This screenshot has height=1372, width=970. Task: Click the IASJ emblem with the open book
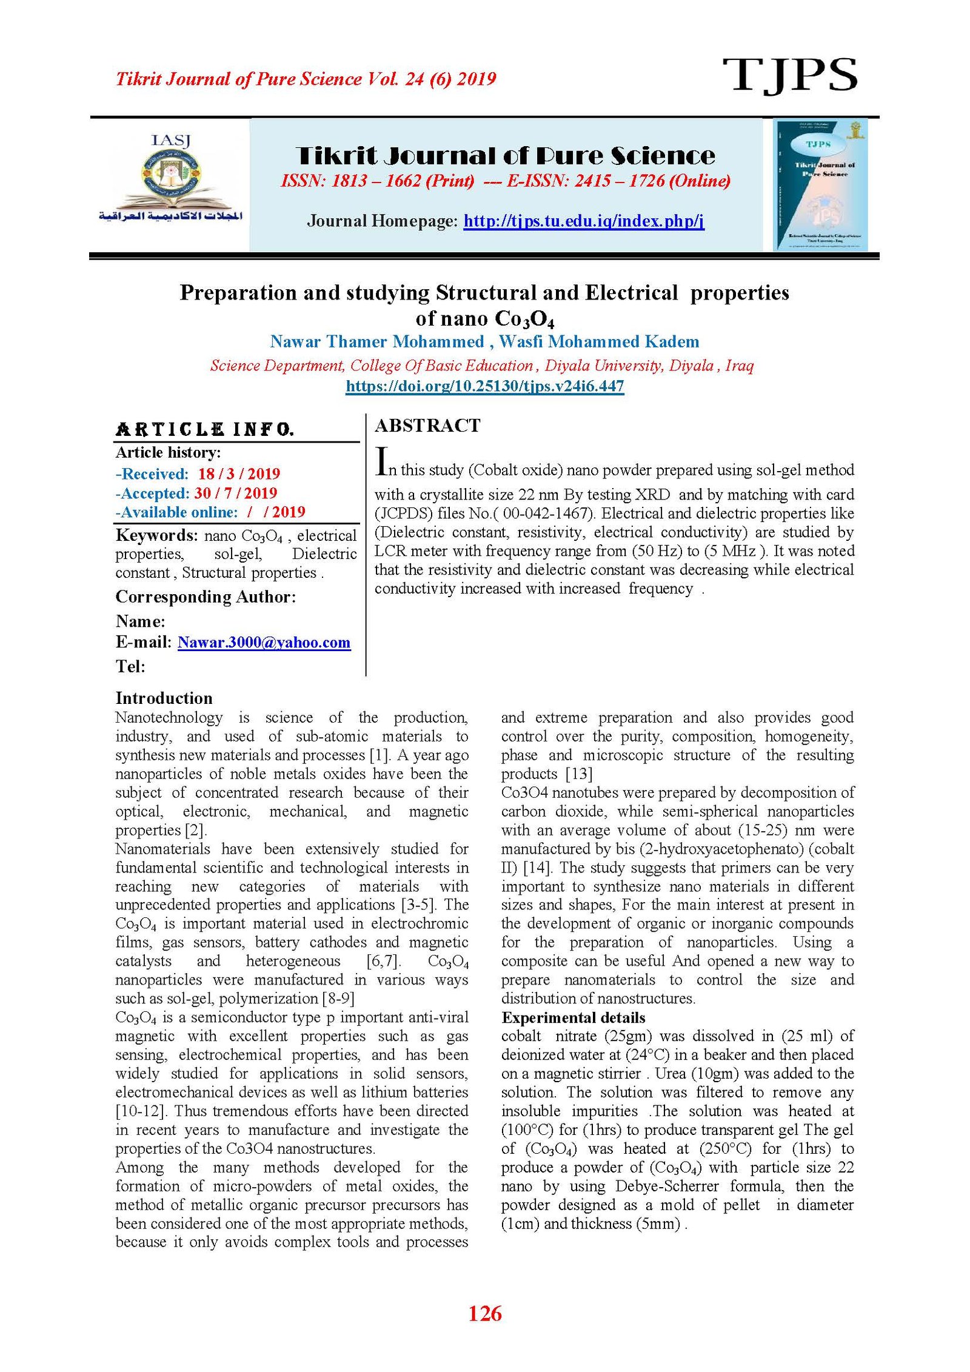tap(170, 179)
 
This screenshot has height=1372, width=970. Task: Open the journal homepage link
tap(583, 221)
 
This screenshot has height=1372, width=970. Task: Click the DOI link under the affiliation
tap(484, 386)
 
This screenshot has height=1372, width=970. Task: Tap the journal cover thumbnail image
tap(820, 184)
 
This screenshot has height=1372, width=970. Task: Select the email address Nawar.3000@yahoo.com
tap(264, 643)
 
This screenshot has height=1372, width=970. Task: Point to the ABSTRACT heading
tap(427, 426)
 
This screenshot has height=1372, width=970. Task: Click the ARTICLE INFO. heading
tap(205, 430)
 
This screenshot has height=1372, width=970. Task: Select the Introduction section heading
tap(164, 698)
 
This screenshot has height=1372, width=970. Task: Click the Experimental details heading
tap(573, 1017)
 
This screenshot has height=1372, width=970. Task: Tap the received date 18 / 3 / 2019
tap(239, 474)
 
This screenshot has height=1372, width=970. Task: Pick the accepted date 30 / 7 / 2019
tap(235, 493)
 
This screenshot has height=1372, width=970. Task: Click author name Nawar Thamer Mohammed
tap(376, 342)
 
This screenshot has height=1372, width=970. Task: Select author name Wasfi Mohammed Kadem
tap(598, 342)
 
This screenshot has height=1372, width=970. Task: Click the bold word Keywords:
tap(156, 535)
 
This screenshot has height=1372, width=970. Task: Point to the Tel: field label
tap(130, 666)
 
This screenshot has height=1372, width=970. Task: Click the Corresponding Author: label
tap(206, 597)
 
